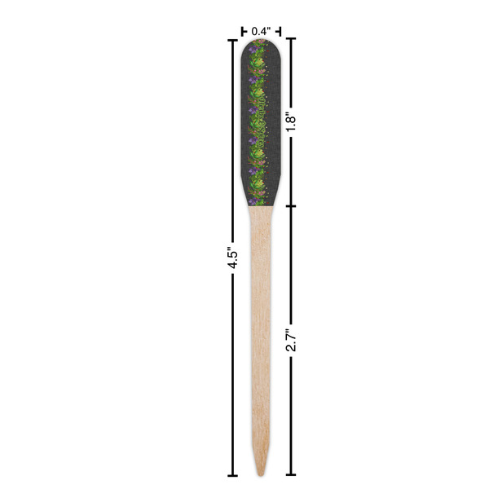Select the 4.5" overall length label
click(231, 258)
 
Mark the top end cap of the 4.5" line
click(232, 39)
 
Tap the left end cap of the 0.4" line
click(242, 31)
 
